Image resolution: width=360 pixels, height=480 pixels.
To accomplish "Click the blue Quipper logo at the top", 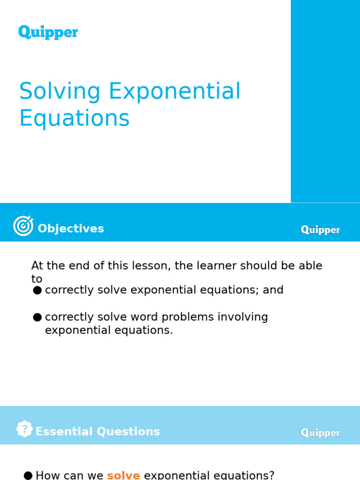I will tap(48, 32).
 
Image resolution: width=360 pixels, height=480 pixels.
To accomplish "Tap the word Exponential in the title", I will tap(174, 91).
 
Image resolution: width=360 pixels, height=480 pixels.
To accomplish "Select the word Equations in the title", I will tap(74, 118).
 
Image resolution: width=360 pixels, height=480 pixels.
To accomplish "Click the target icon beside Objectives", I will tap(23, 226).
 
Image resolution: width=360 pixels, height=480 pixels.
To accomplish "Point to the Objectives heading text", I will tap(71, 229).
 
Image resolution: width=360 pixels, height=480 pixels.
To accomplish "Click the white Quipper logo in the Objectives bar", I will tap(321, 230).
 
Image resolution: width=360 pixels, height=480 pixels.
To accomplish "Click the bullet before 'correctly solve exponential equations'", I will tap(37, 291).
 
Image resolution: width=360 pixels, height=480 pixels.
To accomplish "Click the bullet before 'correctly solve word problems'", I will tap(37, 318).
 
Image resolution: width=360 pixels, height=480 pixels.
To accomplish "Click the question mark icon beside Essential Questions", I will tap(24, 429).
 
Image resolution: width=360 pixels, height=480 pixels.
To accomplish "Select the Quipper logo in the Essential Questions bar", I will tap(321, 433).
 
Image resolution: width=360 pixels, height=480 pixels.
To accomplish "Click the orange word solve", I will tap(123, 475).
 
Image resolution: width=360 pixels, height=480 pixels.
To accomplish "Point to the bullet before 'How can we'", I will tap(28, 476).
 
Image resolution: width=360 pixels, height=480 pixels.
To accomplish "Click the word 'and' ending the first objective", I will tap(273, 290).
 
